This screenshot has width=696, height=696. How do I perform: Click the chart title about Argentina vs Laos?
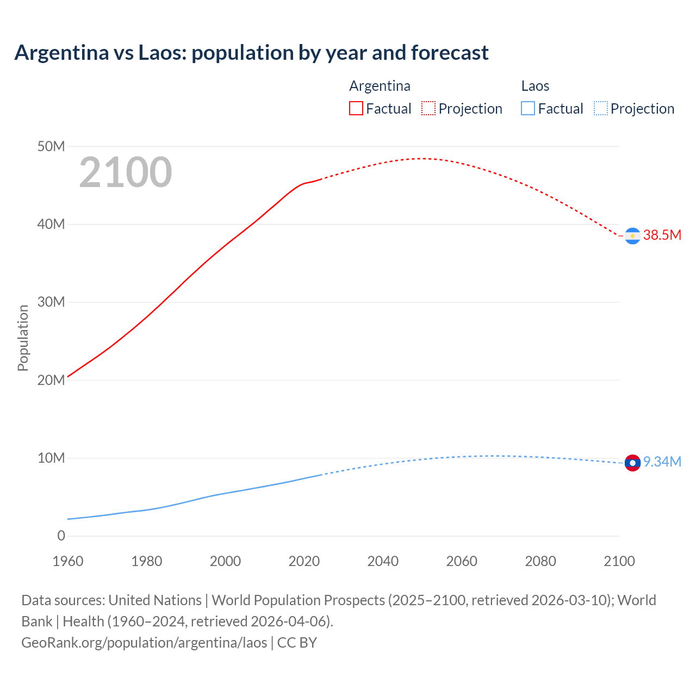click(251, 53)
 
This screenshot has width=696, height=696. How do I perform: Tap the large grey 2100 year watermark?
click(126, 172)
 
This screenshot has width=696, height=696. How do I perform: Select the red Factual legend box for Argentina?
click(356, 108)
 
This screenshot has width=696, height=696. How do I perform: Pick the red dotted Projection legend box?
click(428, 108)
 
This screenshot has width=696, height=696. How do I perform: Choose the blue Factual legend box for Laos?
click(527, 108)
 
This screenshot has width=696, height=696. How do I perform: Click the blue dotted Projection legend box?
click(600, 108)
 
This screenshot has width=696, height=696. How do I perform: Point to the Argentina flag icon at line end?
click(632, 236)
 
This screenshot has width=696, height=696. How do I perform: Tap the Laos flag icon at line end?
click(632, 463)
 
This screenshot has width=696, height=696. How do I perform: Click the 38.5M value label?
click(662, 235)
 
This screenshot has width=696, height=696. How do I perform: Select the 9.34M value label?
click(662, 462)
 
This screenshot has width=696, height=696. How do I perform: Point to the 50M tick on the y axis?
click(51, 146)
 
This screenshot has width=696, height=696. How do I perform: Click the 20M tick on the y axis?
click(51, 380)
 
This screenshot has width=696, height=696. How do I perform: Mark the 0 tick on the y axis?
click(61, 536)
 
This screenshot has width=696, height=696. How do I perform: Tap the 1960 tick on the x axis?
click(68, 561)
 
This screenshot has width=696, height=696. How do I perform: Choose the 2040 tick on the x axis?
click(383, 561)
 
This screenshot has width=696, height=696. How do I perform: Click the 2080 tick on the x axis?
click(540, 561)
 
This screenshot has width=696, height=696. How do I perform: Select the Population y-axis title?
click(23, 338)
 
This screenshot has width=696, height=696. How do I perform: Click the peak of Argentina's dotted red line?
click(422, 158)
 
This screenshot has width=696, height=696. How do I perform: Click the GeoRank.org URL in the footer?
click(144, 643)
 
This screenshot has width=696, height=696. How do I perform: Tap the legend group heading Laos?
click(535, 86)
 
